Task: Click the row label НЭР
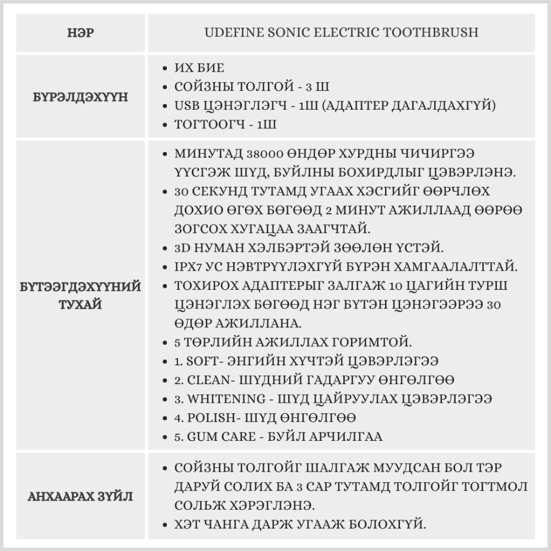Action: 80,33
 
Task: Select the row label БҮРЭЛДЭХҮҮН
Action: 80,97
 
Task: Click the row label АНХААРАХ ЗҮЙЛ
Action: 80,496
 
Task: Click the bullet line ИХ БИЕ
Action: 199,68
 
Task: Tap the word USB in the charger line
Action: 186,106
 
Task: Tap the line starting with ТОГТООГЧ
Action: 225,125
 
